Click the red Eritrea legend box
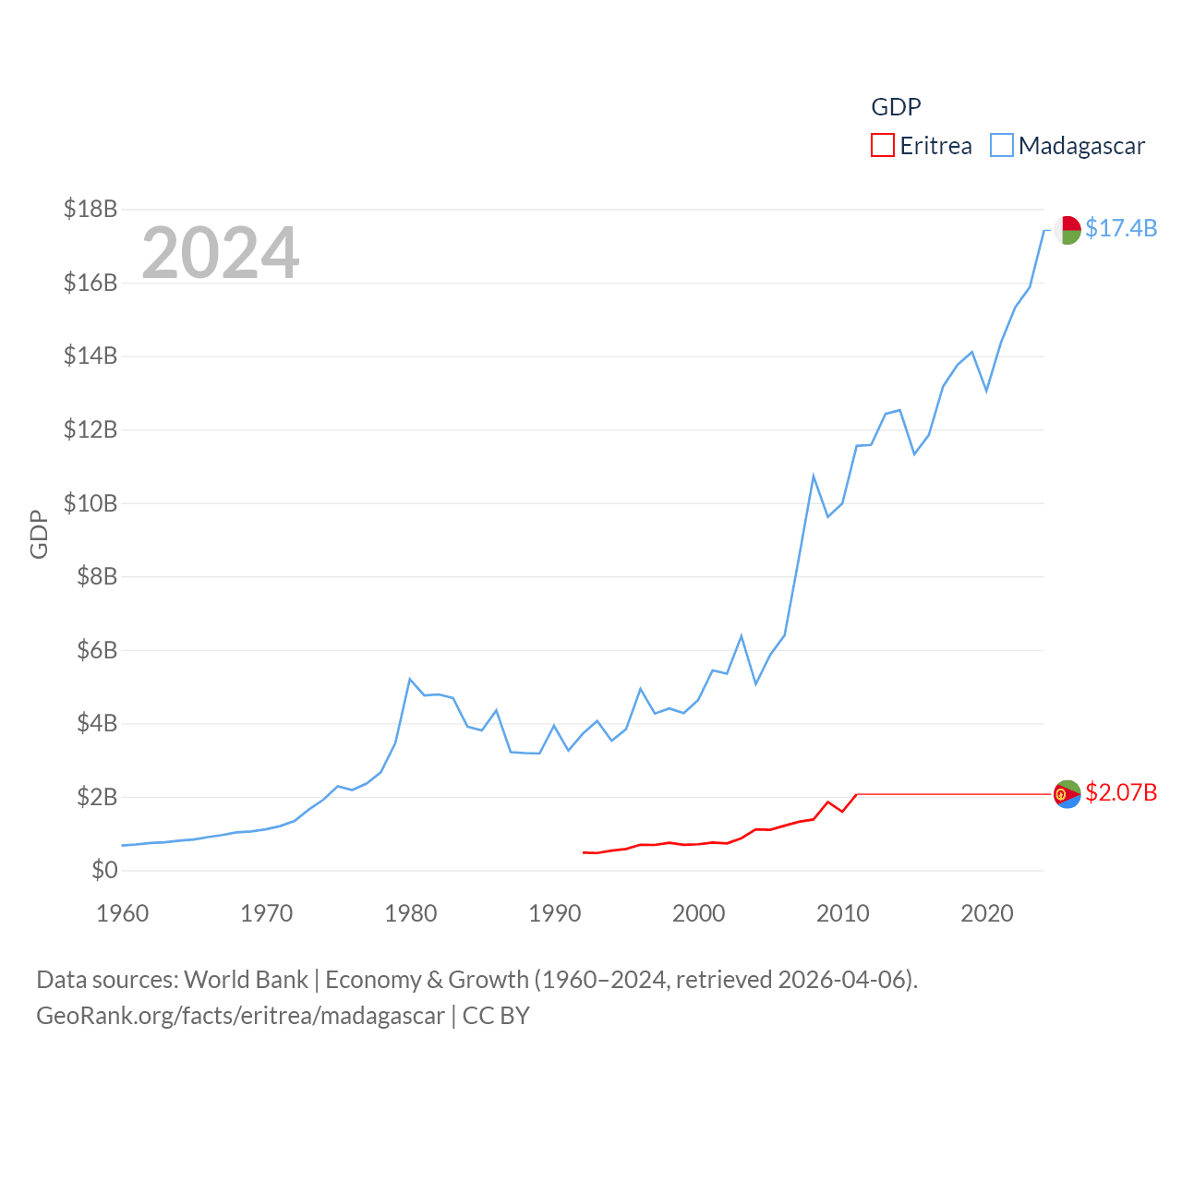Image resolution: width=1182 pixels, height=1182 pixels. point(883,146)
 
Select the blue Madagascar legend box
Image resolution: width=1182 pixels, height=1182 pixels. point(1002,146)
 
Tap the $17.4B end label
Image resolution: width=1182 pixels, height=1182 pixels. point(1121,228)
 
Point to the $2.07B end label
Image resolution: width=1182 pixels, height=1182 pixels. point(1121,793)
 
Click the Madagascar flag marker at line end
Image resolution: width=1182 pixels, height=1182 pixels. point(1067,230)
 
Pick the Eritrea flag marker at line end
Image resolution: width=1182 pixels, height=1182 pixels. point(1067,794)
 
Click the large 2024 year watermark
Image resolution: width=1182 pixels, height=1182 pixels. point(221,253)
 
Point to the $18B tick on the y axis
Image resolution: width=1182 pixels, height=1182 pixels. point(90,209)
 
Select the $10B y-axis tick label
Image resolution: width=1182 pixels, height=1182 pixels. point(90,503)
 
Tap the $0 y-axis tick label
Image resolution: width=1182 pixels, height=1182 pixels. point(104,870)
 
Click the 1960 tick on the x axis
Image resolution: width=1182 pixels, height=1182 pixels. point(123,913)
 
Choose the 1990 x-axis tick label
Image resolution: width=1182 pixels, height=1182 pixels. point(555,913)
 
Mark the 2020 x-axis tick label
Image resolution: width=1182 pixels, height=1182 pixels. point(987,913)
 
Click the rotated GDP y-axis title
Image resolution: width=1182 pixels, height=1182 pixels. point(39,534)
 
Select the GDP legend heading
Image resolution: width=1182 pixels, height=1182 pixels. point(896,107)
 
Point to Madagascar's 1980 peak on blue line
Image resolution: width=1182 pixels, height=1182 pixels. point(410,680)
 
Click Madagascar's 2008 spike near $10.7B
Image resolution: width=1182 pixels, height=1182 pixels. point(814,476)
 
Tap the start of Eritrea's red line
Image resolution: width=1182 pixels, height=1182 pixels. point(584,852)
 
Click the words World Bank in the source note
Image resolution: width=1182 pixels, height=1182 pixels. point(246,979)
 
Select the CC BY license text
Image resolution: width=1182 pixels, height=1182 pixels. point(496,1016)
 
